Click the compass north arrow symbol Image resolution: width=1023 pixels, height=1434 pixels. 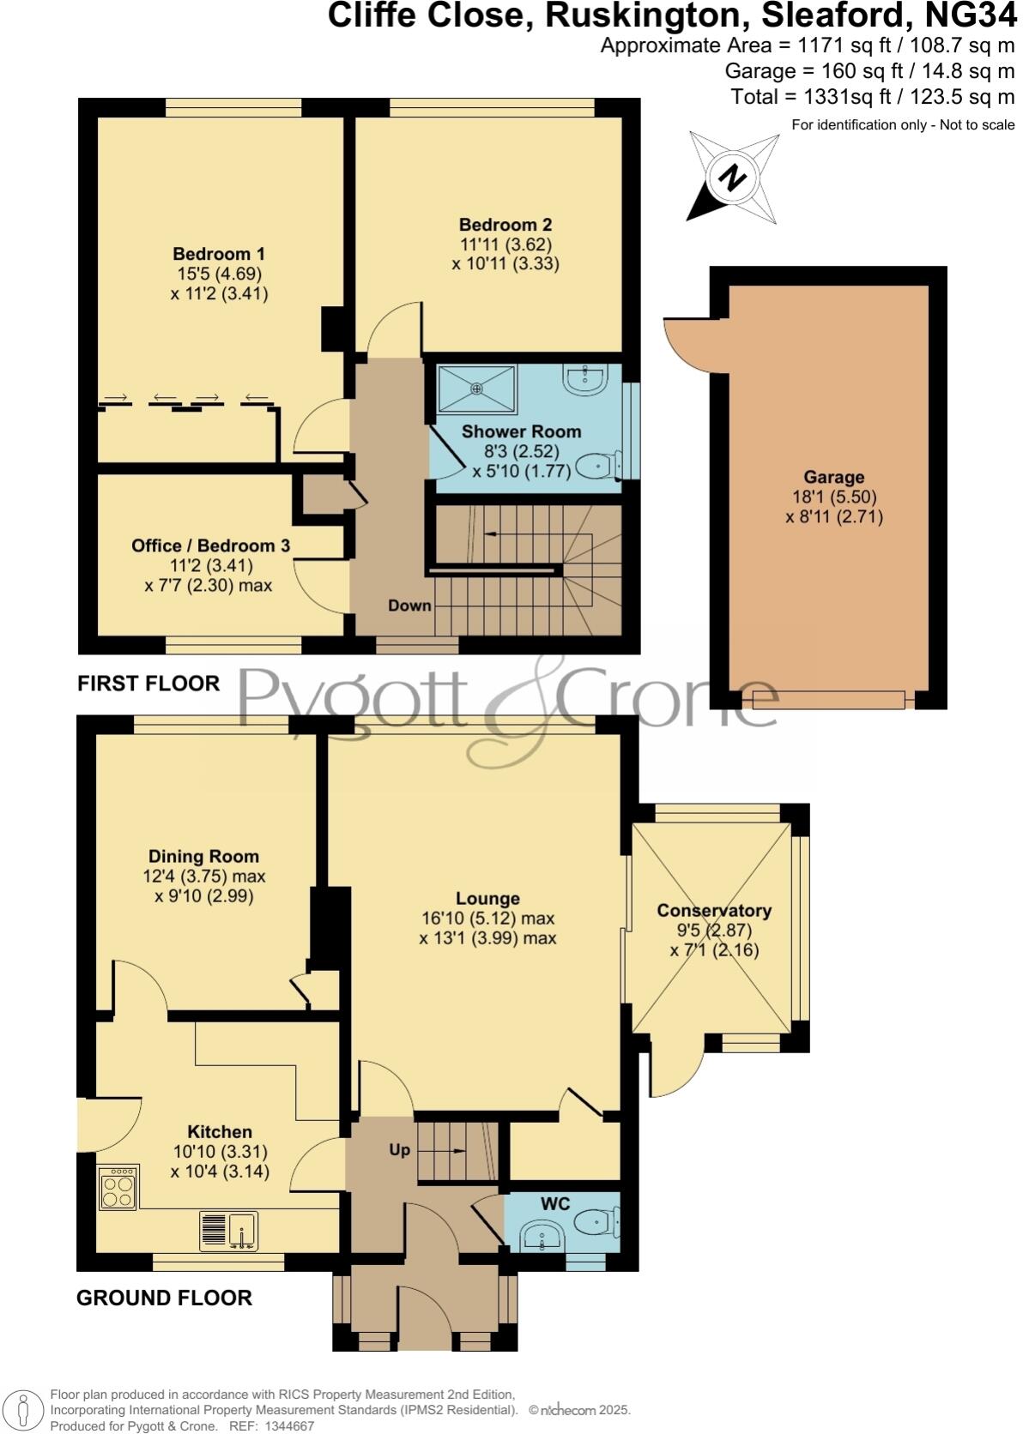732,178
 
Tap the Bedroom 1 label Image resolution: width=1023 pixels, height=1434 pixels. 218,254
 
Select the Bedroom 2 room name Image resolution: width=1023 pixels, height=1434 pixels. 505,225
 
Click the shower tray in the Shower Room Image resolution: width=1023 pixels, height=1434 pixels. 477,389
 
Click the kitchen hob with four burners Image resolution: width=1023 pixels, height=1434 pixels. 118,1189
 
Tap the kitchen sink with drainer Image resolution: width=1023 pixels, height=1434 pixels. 228,1232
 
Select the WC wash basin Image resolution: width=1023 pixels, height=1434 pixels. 542,1236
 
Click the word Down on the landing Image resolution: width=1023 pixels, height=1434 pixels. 409,606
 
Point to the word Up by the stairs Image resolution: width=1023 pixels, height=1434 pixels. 399,1150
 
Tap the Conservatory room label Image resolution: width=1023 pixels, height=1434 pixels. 714,911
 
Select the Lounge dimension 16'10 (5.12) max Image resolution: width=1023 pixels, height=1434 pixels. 487,919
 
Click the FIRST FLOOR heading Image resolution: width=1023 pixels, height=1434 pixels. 148,684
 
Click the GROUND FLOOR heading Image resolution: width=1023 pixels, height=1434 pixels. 164,1298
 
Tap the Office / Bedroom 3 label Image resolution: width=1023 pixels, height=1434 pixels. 210,546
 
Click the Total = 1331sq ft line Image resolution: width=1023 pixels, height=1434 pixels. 873,97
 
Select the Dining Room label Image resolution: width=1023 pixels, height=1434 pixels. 203,856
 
